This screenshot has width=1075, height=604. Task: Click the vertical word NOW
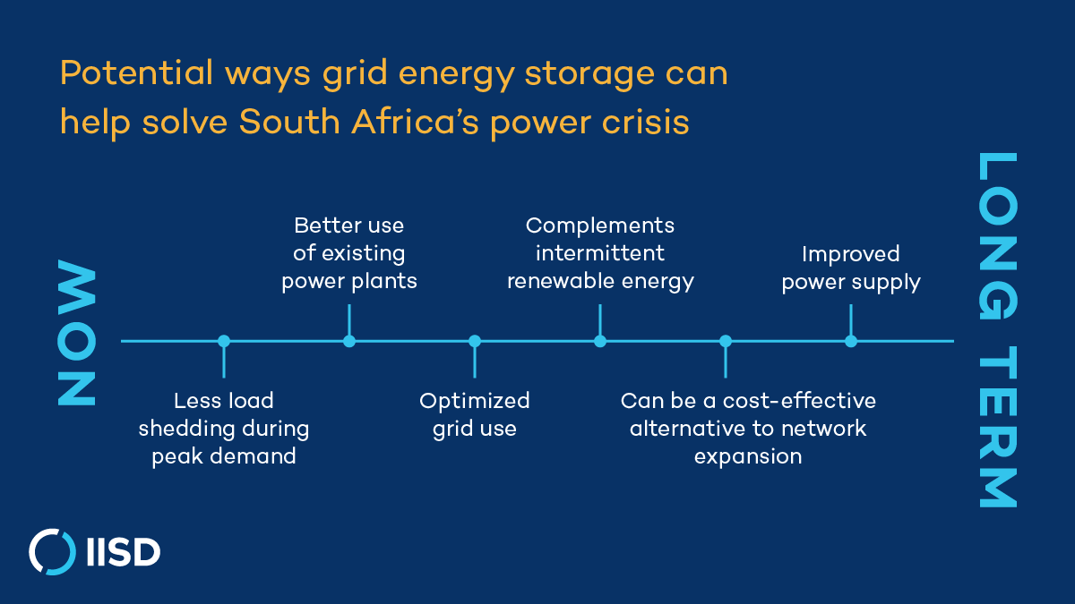[76, 333]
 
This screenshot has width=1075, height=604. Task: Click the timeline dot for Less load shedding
[224, 341]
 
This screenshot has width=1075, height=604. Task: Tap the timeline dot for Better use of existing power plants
[349, 341]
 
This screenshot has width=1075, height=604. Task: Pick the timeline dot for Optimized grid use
[475, 341]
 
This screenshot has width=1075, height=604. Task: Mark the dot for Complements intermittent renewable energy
[600, 341]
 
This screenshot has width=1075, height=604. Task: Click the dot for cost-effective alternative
[726, 341]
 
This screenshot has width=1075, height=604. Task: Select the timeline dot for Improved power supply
[851, 341]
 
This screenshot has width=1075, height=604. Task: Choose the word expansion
[748, 456]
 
